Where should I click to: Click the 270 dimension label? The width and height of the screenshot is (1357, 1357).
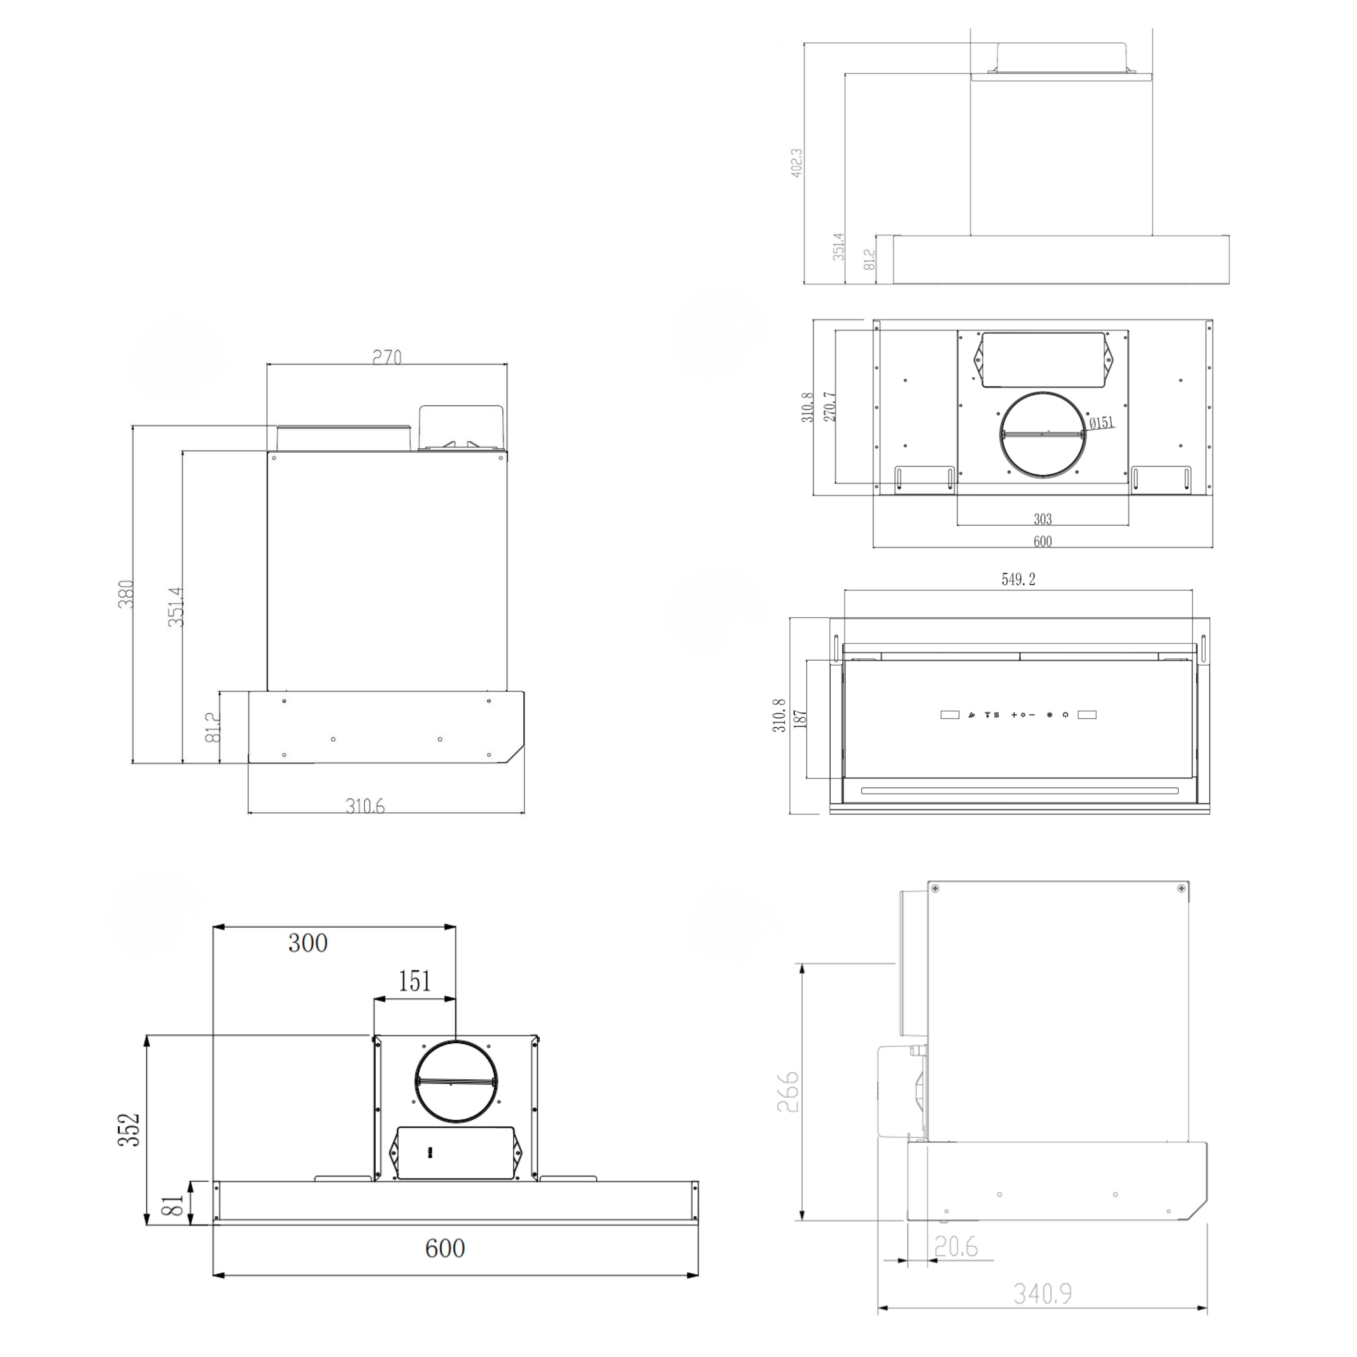[x=387, y=358]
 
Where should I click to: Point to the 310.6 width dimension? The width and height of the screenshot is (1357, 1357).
[x=365, y=806]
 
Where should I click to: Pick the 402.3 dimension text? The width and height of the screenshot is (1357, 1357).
[x=797, y=162]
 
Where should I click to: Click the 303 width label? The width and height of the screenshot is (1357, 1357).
[x=1042, y=519]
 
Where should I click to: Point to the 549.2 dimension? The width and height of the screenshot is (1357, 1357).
[x=1018, y=579]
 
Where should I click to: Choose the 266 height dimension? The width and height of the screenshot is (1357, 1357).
[x=788, y=1091]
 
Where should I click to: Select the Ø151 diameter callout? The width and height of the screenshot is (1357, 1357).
[x=1101, y=423]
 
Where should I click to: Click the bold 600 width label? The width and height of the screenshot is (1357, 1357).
[x=444, y=1248]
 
